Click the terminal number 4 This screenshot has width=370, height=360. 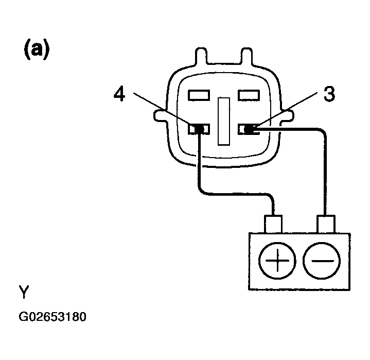119,94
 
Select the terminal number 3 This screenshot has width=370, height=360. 329,94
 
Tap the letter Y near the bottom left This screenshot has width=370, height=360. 24,292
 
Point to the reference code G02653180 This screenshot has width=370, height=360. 52,317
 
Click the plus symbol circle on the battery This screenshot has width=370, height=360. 277,261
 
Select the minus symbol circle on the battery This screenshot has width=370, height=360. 322,261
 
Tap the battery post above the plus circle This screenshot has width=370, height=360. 273,224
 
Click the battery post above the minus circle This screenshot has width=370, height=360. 326,224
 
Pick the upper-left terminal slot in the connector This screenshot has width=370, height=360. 199,95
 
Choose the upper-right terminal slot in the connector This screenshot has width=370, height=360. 249,95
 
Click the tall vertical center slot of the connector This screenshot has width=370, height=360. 224,121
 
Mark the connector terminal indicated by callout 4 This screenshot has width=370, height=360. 199,129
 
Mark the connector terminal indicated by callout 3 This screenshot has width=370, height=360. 249,129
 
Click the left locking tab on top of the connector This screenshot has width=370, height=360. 201,56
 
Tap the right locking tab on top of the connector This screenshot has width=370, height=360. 246,56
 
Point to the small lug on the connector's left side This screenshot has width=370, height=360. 161,116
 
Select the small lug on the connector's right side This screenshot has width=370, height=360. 288,116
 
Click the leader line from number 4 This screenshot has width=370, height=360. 165,110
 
